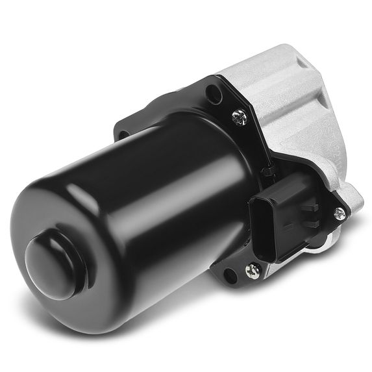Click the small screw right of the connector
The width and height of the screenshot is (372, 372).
(x=339, y=213)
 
